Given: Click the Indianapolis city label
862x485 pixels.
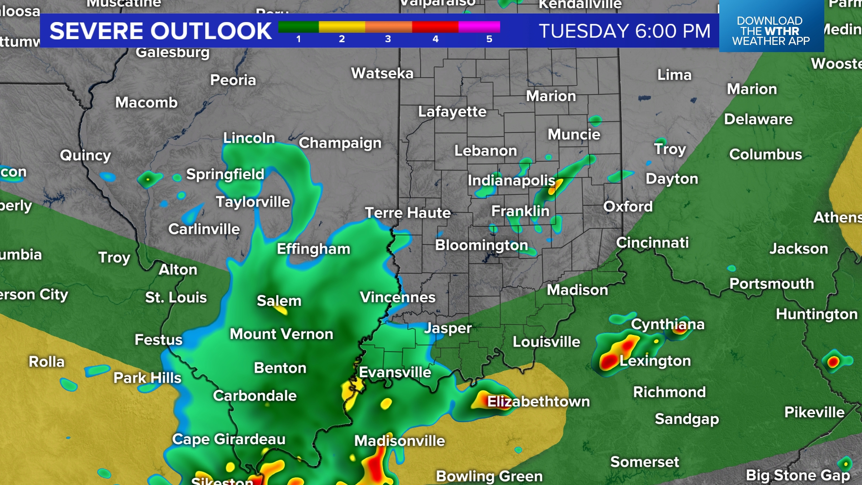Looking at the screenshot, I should pos(511,181).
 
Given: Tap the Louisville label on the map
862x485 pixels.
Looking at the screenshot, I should pos(546,342).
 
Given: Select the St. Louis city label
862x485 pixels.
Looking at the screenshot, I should pos(176,297).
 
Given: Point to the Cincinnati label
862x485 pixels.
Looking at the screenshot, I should pos(652,242).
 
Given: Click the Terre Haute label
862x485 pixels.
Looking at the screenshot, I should pos(408,212).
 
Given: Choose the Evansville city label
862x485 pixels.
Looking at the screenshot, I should pos(395,372).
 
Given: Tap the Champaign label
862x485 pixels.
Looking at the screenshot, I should pos(340,143).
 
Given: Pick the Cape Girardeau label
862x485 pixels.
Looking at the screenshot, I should pos(229,439).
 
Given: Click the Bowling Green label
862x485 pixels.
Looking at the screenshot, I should pos(489,476).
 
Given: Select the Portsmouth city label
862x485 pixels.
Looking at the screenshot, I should pos(771,283).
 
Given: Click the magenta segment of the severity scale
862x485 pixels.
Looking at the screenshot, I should pos(479,27).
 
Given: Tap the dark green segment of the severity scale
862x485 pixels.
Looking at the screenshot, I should pos(298,27).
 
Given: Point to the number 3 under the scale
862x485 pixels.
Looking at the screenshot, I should pos(388,39).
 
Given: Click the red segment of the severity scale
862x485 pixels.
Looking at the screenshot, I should pos(435,27).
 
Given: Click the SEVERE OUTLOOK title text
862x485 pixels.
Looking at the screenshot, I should pos(160,31).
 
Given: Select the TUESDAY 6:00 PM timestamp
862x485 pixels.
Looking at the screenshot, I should pos(625,31).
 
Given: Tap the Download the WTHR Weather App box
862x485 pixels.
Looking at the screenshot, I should pos(771,30).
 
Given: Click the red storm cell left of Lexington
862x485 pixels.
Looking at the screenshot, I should pos(609,361).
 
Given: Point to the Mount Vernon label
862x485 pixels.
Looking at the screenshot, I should pos(281,334).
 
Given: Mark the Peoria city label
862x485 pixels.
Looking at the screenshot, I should pos(233,80).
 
